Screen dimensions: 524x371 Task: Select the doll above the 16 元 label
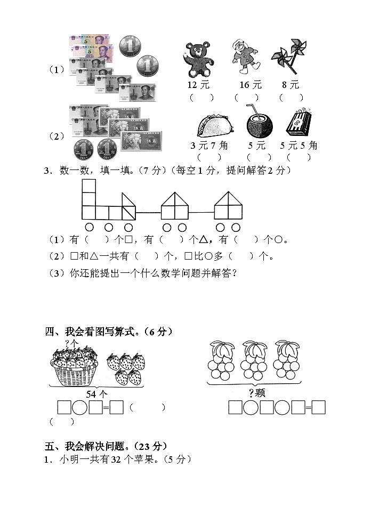(245, 57)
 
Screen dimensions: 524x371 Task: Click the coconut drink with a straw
(259, 124)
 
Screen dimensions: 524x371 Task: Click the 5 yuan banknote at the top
(88, 42)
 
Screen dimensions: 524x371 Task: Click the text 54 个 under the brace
(97, 394)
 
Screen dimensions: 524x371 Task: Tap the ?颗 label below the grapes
(257, 393)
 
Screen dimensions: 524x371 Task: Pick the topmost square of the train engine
(88, 186)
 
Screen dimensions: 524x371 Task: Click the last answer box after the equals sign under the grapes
(318, 408)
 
